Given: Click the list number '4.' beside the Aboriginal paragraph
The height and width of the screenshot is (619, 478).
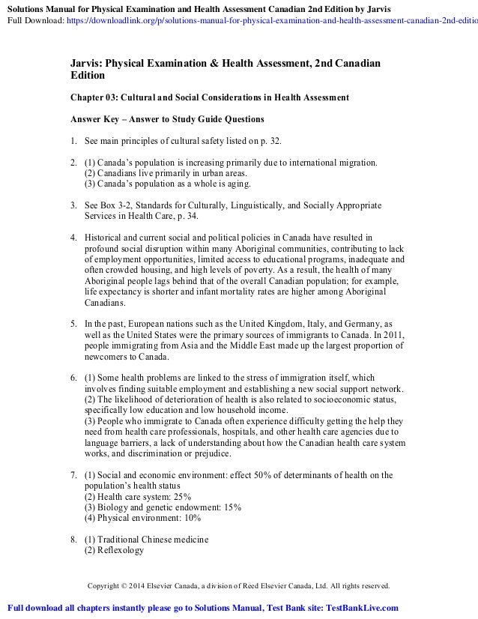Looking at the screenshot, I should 73,237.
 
